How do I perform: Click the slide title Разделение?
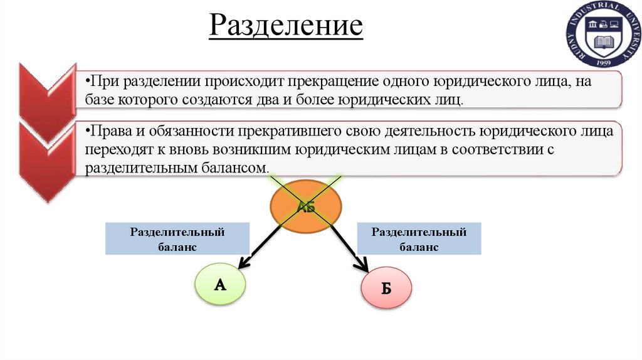pos(286,26)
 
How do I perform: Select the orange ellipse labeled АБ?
pos(307,206)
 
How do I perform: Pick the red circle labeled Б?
pos(386,288)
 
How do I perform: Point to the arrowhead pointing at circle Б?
pos(364,266)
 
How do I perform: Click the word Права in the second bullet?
pos(108,132)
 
